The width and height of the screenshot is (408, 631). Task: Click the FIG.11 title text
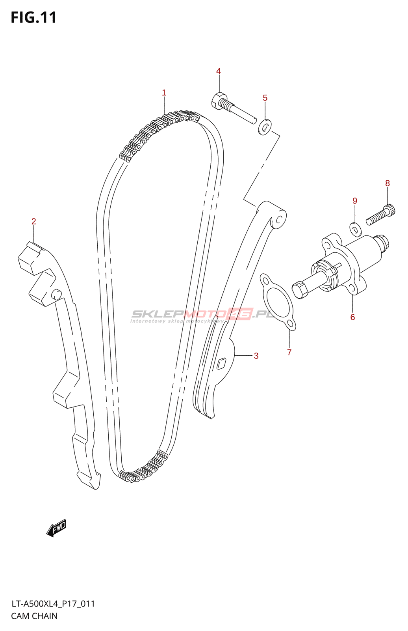pyautogui.click(x=34, y=18)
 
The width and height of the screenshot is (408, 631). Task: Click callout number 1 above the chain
pyautogui.click(x=164, y=93)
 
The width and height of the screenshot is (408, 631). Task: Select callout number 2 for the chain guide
pyautogui.click(x=34, y=221)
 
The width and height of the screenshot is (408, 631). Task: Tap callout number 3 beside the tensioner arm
pyautogui.click(x=256, y=356)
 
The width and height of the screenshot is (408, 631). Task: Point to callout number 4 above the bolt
pyautogui.click(x=219, y=71)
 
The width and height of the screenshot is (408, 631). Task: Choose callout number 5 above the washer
pyautogui.click(x=265, y=98)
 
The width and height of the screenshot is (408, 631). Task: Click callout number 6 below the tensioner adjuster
pyautogui.click(x=352, y=317)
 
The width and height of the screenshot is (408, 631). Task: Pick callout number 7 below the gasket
pyautogui.click(x=289, y=352)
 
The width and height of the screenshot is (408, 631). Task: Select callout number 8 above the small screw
pyautogui.click(x=388, y=183)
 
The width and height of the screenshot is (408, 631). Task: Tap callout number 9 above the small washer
pyautogui.click(x=355, y=201)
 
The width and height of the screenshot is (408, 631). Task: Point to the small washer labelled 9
pyautogui.click(x=356, y=229)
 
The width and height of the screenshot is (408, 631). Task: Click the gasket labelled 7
pyautogui.click(x=278, y=302)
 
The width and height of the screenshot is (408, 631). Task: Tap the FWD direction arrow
pyautogui.click(x=56, y=528)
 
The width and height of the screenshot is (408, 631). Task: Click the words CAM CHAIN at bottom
pyautogui.click(x=34, y=616)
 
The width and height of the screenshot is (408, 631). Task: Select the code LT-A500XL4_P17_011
pyautogui.click(x=53, y=604)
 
